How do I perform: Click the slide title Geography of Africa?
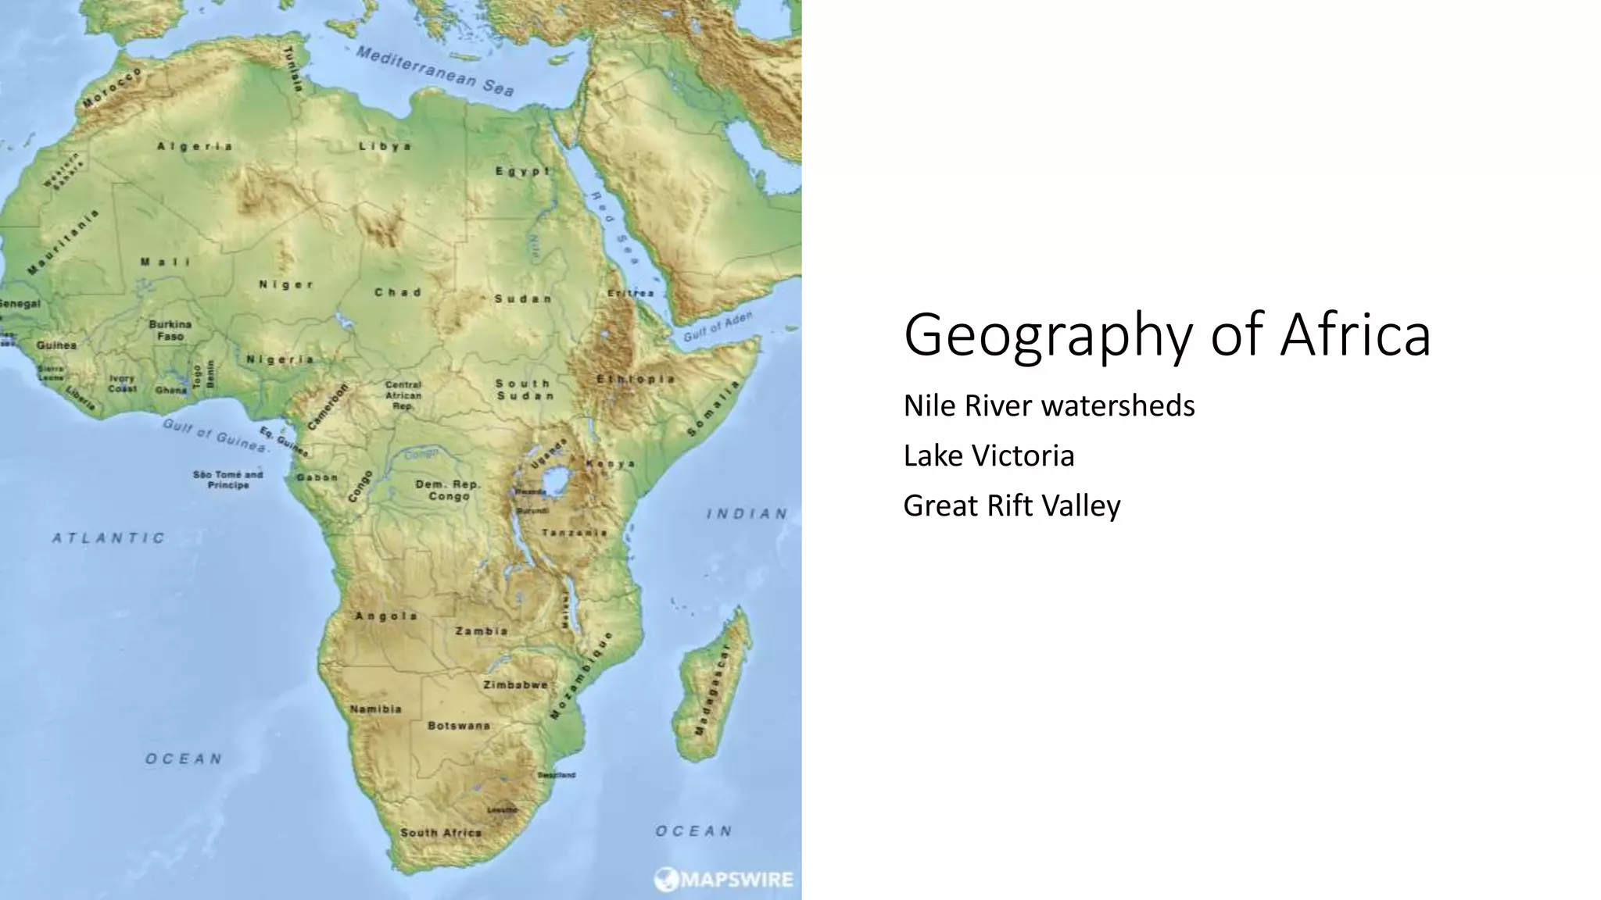[1166, 334]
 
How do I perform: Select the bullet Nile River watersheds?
[1048, 405]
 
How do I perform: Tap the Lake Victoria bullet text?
[988, 455]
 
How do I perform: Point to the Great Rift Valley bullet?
[1011, 505]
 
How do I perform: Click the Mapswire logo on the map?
[724, 880]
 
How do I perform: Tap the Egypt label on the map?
[522, 171]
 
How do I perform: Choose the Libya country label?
[385, 146]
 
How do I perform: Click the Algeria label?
[195, 146]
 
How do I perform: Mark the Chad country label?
[397, 292]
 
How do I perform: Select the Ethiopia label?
[636, 379]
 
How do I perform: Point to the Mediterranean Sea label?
[435, 70]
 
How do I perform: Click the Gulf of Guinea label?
[215, 435]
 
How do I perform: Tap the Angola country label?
[385, 616]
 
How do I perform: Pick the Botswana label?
[459, 726]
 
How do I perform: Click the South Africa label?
[441, 833]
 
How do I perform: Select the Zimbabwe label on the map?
[514, 685]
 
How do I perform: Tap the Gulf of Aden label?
[718, 327]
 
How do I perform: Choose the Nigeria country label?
[280, 359]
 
